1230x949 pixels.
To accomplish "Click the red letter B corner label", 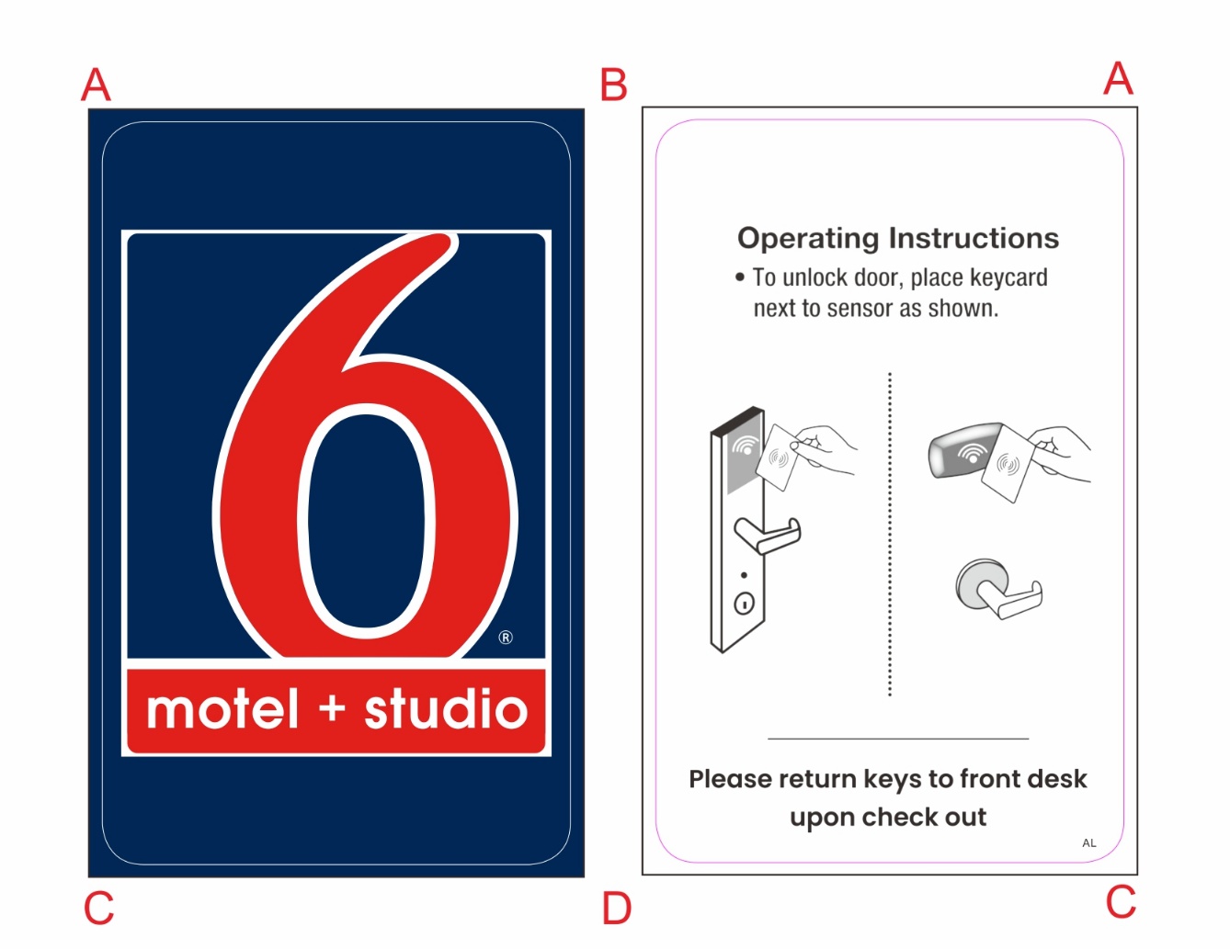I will pos(613,85).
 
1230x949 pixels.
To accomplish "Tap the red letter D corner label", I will pos(616,909).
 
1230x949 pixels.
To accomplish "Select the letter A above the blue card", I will pos(96,85).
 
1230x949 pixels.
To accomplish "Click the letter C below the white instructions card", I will pos(1121,902).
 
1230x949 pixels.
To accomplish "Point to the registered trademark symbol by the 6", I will pos(506,638).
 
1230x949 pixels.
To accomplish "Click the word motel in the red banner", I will pos(223,710).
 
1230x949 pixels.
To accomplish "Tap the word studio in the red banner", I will pos(446,710).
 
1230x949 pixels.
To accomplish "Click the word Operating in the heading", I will pos(808,239).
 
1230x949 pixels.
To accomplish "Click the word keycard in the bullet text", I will pos(1008,277).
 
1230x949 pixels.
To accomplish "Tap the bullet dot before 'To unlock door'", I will pos(740,277).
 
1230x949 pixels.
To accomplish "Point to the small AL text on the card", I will pos(1089,842).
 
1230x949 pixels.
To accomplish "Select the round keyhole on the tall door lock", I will pos(744,604).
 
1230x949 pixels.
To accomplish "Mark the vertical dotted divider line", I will pos(890,533).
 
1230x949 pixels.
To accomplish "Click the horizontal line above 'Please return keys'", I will pos(898,739).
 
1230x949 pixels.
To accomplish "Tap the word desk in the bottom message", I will pos(1056,779).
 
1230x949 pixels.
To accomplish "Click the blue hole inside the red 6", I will pos(367,519).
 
